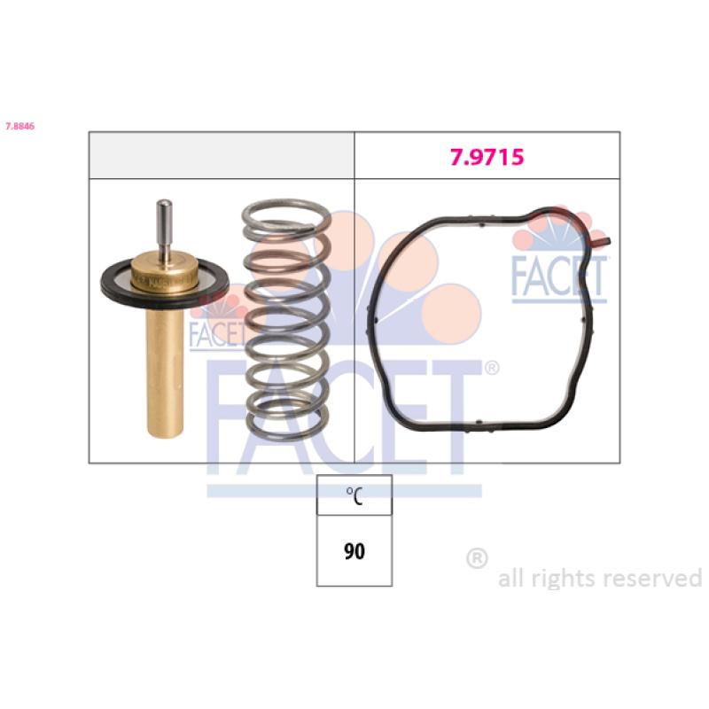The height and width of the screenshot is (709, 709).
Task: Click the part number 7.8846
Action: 19,126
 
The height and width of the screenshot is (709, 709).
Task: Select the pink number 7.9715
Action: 487,157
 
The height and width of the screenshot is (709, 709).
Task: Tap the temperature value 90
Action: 354,551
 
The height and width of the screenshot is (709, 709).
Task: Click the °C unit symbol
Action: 354,495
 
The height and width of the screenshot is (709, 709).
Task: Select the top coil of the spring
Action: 285,212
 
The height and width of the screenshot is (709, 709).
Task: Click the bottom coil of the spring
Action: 287,430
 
